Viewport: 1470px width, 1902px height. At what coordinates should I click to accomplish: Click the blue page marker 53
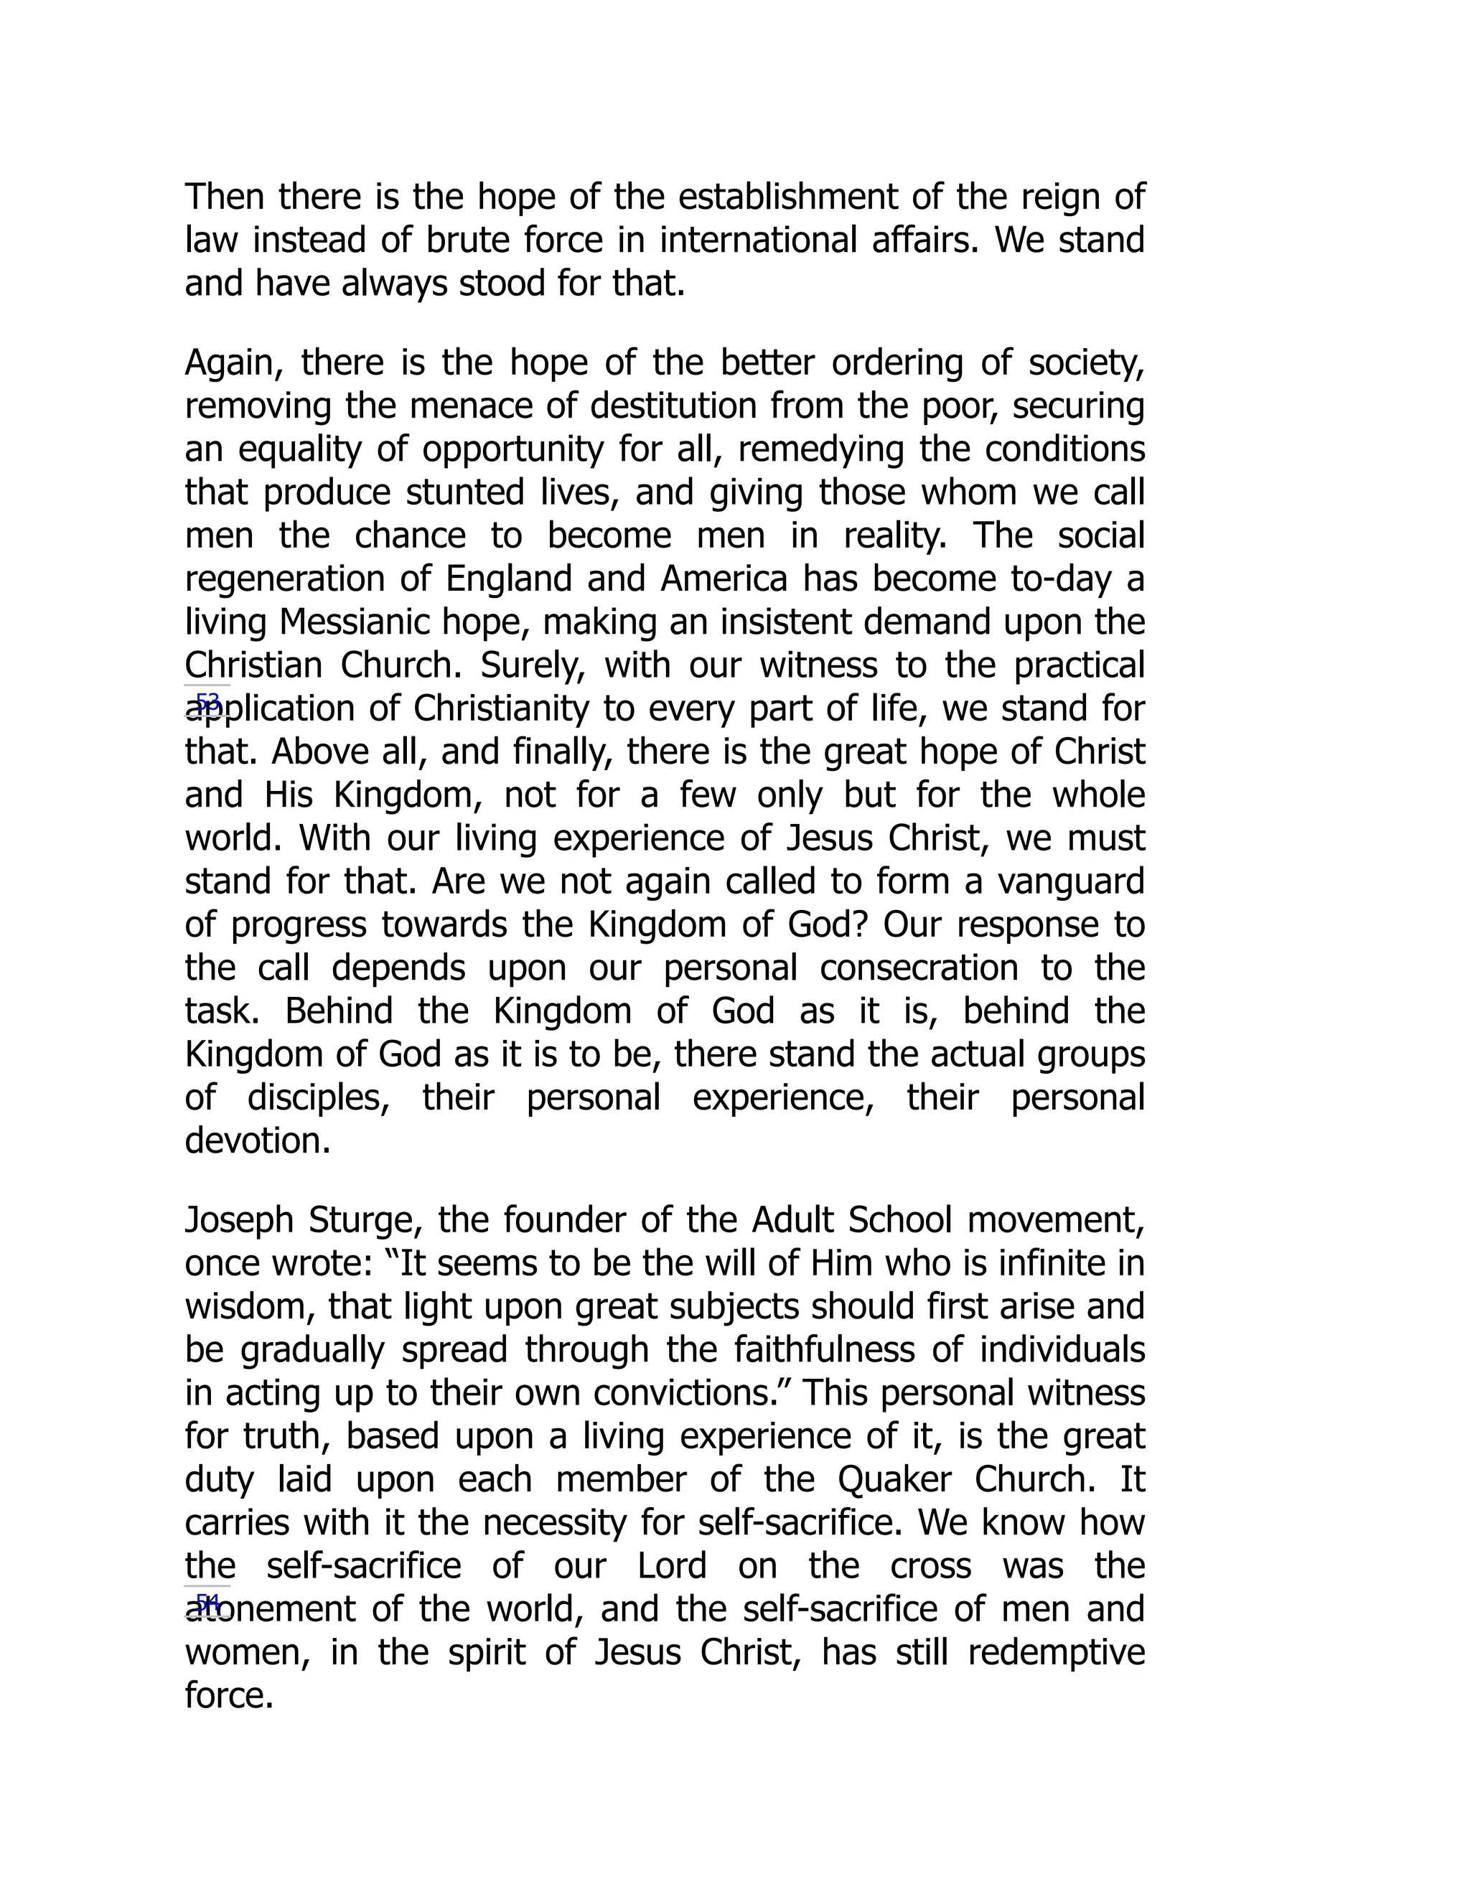207,702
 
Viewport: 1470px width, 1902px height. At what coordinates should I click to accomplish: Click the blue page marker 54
207,1603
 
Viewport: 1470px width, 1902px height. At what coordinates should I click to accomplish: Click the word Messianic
356,623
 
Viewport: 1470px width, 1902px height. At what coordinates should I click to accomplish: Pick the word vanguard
1070,882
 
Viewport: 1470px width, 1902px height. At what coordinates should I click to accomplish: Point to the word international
758,240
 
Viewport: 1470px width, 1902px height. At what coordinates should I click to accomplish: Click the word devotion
257,1141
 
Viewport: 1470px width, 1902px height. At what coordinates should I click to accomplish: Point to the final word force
229,1695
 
